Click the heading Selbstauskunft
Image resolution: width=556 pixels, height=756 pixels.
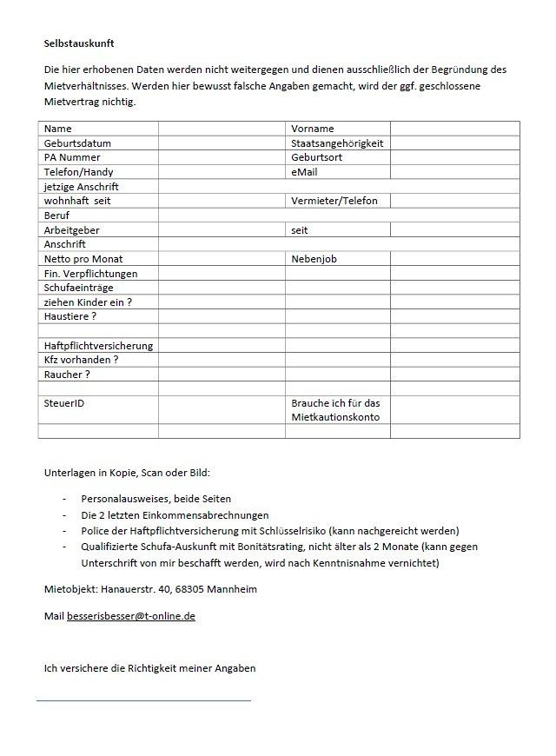[x=79, y=43]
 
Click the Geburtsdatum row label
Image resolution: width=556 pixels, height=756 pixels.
[x=77, y=143]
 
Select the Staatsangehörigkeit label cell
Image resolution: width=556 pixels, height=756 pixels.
[x=337, y=143]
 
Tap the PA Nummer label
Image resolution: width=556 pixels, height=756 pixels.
[x=72, y=157]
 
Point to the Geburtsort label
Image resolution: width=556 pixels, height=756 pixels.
[x=317, y=157]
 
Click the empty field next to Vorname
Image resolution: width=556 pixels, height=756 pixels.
[x=454, y=129]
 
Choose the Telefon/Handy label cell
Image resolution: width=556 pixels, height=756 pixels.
[x=78, y=172]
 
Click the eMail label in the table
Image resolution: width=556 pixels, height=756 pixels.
[x=305, y=172]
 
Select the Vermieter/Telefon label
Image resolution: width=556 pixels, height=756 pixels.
[x=334, y=201]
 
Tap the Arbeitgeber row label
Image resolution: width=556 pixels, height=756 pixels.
[x=72, y=230]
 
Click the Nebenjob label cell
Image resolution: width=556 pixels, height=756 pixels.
[x=314, y=259]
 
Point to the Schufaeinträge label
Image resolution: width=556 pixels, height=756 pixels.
[x=78, y=288]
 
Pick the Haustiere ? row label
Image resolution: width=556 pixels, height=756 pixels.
[x=70, y=316]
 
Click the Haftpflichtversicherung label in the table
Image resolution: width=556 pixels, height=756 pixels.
[x=98, y=346]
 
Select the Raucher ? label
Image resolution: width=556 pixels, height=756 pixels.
[x=67, y=375]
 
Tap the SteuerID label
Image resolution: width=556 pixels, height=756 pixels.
[x=64, y=403]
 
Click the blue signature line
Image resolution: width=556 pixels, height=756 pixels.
[x=143, y=700]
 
